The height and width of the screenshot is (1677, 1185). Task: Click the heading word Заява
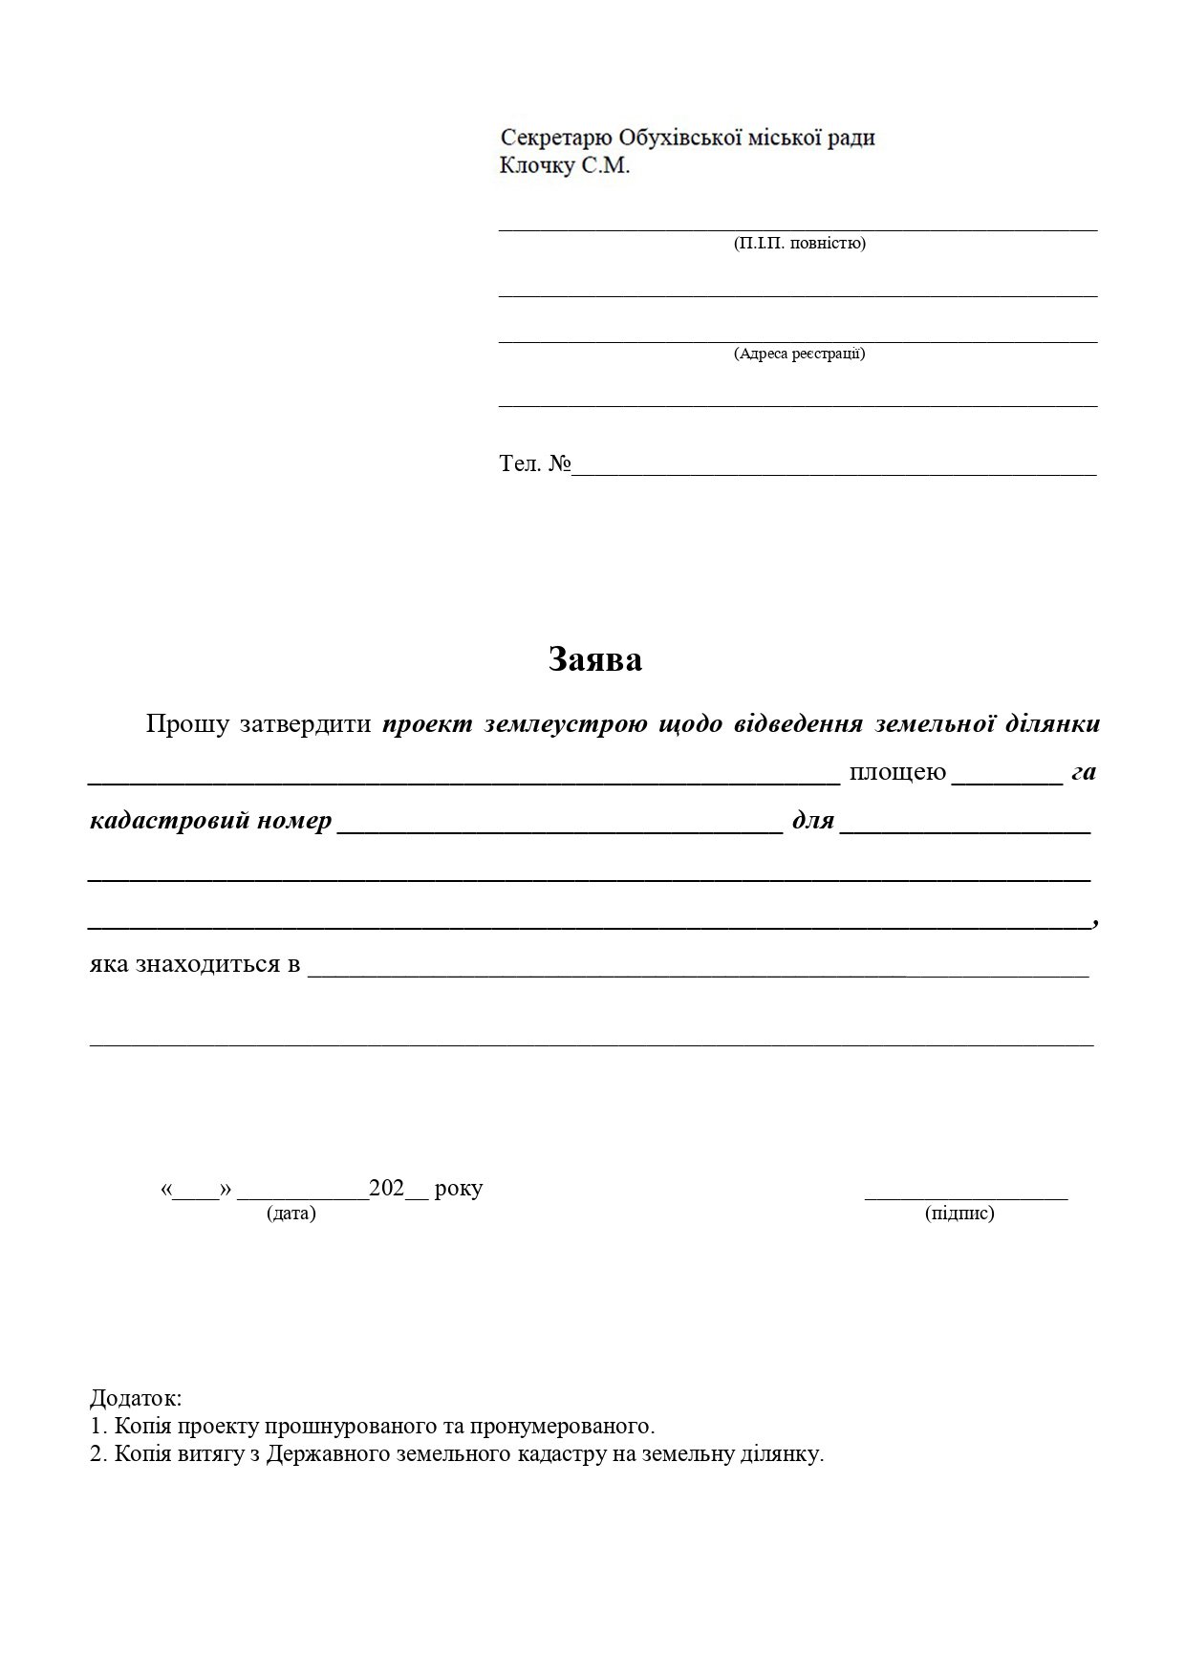click(x=594, y=659)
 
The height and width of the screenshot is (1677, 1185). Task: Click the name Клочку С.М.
click(x=565, y=166)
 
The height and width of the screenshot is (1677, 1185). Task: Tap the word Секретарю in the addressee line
click(x=556, y=138)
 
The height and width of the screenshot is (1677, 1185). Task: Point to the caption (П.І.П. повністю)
click(x=799, y=243)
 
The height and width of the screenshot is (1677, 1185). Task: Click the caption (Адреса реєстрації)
click(x=799, y=354)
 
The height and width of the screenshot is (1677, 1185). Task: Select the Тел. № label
click(x=534, y=464)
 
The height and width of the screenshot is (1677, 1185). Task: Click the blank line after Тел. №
click(x=833, y=472)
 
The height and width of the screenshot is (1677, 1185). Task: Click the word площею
click(x=897, y=771)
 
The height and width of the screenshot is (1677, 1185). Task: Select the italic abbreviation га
click(x=1083, y=772)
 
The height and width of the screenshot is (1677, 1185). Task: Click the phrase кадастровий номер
click(x=210, y=820)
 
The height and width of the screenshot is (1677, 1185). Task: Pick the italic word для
click(x=812, y=820)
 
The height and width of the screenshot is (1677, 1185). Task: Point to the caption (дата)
click(x=291, y=1213)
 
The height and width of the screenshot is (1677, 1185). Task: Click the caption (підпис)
click(x=959, y=1213)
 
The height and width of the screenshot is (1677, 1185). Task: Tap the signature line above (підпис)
click(x=965, y=1196)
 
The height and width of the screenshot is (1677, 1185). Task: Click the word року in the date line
click(x=458, y=1189)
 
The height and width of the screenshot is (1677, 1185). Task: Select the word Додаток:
click(x=136, y=1399)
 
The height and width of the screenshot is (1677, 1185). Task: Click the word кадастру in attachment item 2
click(x=563, y=1454)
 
